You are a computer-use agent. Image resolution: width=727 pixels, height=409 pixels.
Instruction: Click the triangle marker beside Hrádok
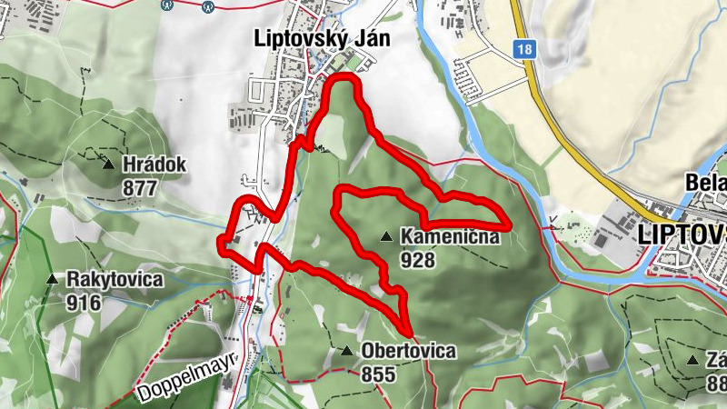(x=109, y=165)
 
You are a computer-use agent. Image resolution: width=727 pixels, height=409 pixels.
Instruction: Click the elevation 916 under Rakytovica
(x=84, y=303)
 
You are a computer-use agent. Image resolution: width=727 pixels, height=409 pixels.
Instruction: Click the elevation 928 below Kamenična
(x=418, y=261)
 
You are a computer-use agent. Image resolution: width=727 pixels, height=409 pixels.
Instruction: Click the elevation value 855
(x=378, y=374)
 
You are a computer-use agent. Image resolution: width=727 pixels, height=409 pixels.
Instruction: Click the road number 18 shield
(x=522, y=52)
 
